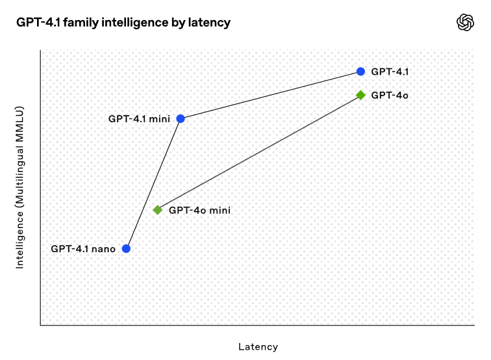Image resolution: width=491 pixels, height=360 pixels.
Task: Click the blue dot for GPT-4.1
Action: (x=360, y=71)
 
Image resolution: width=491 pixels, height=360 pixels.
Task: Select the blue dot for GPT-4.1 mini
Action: (x=181, y=119)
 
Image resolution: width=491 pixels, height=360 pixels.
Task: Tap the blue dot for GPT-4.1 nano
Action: (x=126, y=249)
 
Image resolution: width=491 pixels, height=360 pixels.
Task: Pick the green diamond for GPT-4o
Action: (x=360, y=95)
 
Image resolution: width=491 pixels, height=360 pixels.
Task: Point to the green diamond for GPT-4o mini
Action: (x=158, y=210)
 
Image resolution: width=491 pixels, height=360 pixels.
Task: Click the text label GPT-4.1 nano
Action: (x=83, y=249)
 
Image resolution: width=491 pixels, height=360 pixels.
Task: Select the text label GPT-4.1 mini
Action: (x=139, y=119)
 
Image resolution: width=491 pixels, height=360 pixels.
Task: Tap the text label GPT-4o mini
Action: (x=199, y=211)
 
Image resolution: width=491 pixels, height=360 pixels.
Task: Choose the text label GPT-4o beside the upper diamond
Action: (x=390, y=96)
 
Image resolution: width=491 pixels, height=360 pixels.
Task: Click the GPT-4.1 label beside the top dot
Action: (x=390, y=71)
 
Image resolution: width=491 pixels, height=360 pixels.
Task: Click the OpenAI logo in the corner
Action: (x=465, y=23)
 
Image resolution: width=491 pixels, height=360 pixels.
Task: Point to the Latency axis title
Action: (x=258, y=347)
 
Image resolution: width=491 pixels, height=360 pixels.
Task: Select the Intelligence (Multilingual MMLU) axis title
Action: (x=19, y=187)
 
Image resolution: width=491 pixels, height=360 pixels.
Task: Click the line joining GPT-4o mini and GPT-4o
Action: (x=259, y=153)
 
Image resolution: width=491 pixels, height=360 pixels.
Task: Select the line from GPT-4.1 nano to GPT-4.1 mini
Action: (x=153, y=184)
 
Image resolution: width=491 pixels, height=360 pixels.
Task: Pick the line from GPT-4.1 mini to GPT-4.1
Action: (x=271, y=96)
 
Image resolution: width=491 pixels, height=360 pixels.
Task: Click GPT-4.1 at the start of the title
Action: (x=38, y=23)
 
